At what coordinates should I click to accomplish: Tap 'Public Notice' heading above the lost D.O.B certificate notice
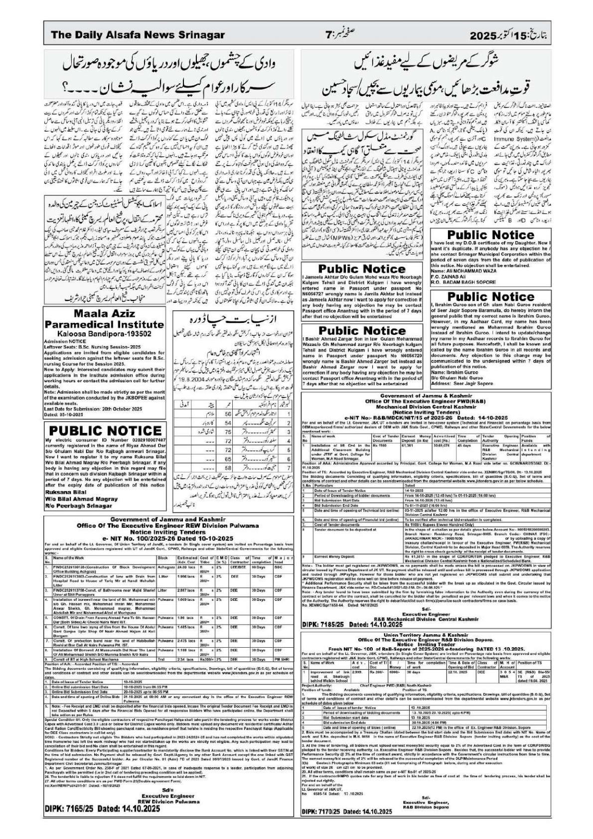click(490, 234)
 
